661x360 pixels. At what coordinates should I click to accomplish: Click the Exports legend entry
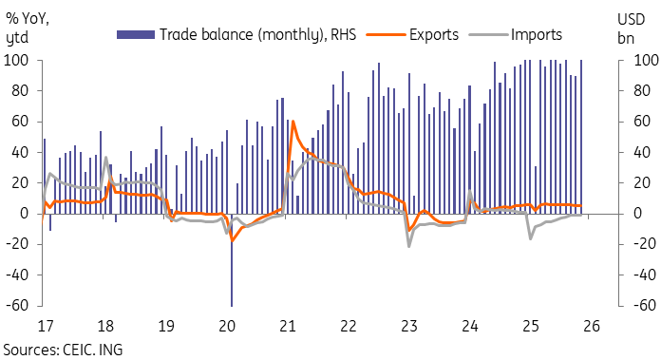coord(434,34)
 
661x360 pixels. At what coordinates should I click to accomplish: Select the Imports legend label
coord(537,34)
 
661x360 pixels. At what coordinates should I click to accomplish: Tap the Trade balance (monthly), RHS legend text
coord(257,34)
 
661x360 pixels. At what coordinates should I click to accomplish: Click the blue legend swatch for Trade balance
coord(136,34)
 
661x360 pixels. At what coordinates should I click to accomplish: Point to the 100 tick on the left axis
coord(16,60)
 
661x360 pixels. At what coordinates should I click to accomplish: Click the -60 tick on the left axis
coord(17,305)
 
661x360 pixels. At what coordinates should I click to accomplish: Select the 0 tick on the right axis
coord(639,214)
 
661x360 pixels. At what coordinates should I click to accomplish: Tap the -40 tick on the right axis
coord(645,275)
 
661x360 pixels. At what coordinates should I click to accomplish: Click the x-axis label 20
coord(227,326)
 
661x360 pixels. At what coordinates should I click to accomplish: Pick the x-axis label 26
coord(592,326)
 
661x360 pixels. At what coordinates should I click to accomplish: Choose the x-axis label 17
coord(46,326)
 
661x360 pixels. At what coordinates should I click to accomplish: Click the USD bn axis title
coord(631,28)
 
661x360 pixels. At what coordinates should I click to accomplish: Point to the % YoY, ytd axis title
coord(27,28)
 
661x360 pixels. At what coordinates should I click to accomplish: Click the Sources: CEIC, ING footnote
coord(64,350)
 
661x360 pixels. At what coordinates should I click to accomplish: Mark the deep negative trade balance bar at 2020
coord(232,260)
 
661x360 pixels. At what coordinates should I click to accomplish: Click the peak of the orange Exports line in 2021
coord(293,122)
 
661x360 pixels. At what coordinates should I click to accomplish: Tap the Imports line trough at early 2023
coord(409,246)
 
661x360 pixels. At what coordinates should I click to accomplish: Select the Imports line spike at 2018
coord(105,158)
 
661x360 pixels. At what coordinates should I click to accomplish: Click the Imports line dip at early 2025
coord(530,239)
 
